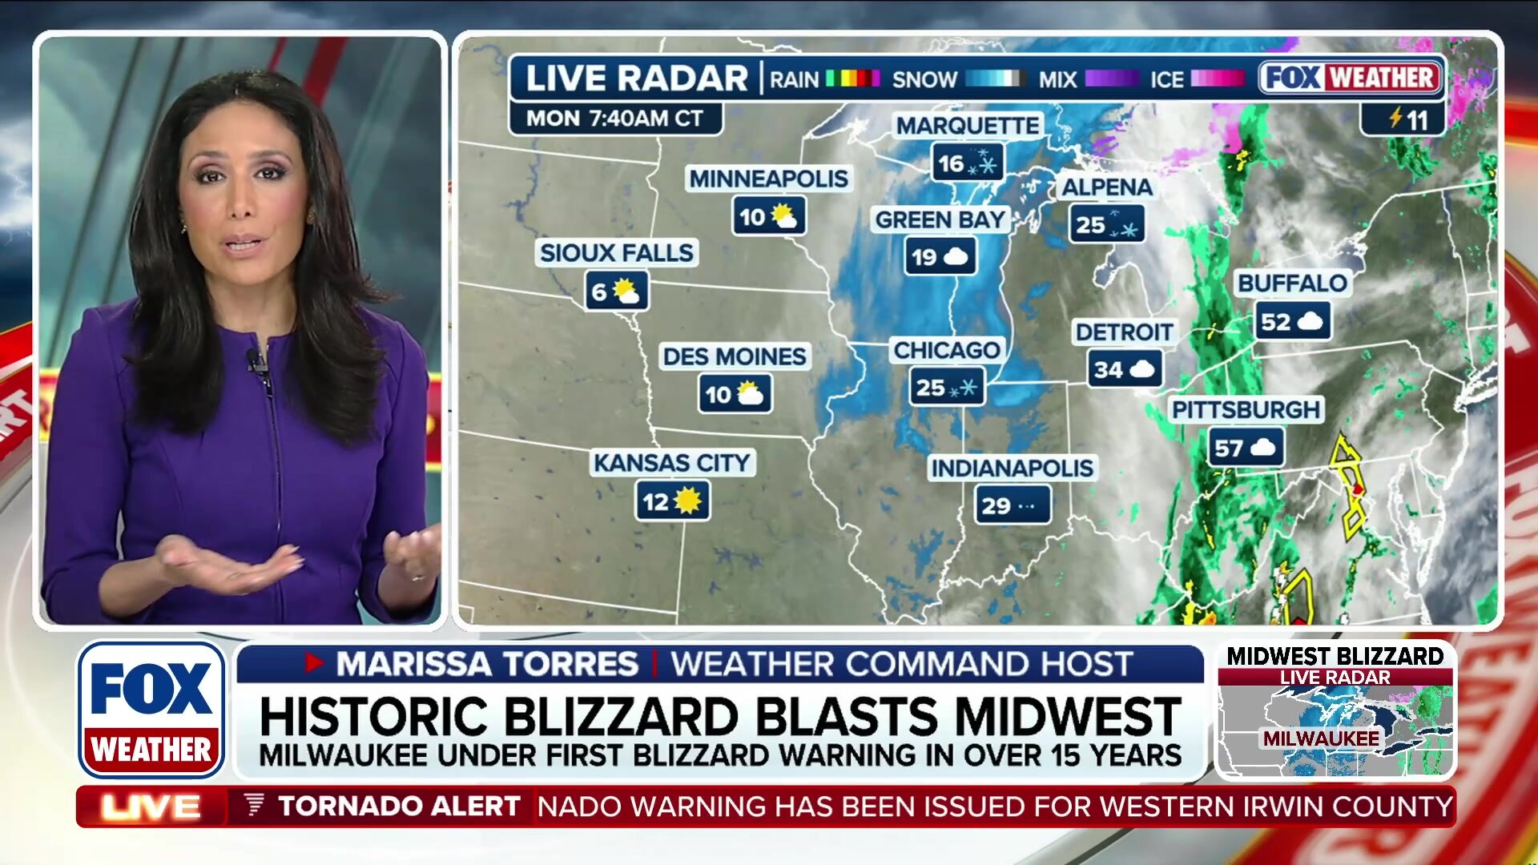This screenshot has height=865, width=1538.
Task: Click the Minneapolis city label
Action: click(x=768, y=179)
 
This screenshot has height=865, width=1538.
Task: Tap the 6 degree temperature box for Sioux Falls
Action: click(x=616, y=292)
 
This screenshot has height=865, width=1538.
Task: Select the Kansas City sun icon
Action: click(x=688, y=501)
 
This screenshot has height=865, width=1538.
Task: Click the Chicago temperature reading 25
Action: click(x=930, y=388)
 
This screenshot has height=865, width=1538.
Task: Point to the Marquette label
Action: click(x=967, y=126)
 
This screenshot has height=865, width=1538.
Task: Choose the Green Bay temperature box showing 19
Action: click(x=940, y=257)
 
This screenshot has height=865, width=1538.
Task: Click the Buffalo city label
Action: click(x=1291, y=283)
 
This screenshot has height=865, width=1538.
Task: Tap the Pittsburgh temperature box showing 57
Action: click(x=1246, y=448)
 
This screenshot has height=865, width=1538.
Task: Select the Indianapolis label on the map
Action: click(x=1012, y=468)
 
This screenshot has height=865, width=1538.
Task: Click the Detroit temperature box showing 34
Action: click(x=1125, y=369)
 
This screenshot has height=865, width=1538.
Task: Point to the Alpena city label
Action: click(x=1106, y=187)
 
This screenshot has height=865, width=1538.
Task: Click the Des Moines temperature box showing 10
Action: click(x=735, y=394)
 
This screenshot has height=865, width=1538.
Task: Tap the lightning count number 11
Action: click(x=1416, y=121)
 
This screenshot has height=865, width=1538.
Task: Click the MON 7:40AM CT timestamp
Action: click(x=614, y=119)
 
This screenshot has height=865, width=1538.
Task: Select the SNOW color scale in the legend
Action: click(x=995, y=78)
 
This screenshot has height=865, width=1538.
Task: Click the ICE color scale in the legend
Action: click(x=1218, y=78)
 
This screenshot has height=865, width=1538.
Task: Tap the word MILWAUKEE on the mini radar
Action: click(x=1321, y=738)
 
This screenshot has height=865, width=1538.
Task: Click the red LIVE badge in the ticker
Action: click(x=151, y=807)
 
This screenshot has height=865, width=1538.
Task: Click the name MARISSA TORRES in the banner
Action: click(x=487, y=664)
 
